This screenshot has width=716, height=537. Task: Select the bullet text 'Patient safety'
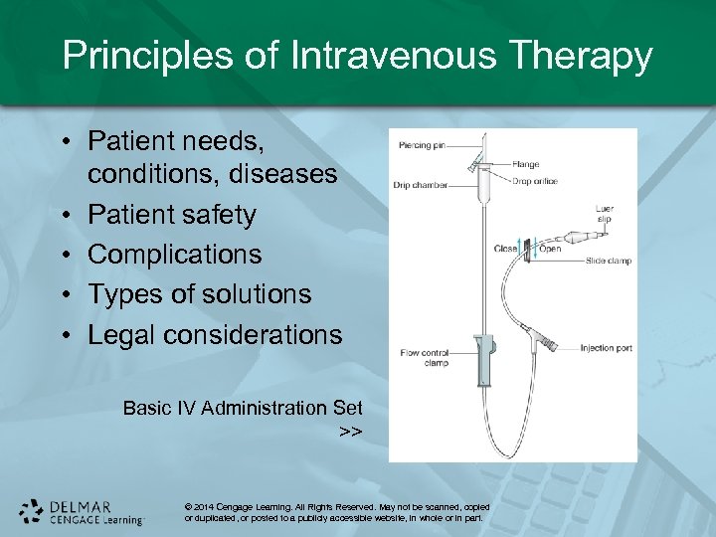[171, 215]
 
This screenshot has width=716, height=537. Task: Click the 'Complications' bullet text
[174, 255]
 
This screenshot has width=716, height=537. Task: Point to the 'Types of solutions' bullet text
[199, 294]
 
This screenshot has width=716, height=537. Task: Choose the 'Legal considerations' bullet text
[214, 335]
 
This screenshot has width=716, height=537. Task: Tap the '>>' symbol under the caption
[350, 432]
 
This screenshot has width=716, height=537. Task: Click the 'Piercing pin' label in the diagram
[421, 146]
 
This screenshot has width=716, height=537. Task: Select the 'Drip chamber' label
[422, 185]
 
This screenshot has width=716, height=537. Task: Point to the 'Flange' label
[526, 164]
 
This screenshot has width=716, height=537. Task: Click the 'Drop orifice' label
[535, 181]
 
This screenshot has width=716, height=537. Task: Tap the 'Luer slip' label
[604, 215]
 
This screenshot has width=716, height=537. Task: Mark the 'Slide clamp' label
[609, 261]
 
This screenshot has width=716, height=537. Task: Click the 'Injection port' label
[607, 348]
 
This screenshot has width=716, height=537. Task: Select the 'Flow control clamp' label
[424, 357]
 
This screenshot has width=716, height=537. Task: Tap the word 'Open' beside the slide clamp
[550, 249]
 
